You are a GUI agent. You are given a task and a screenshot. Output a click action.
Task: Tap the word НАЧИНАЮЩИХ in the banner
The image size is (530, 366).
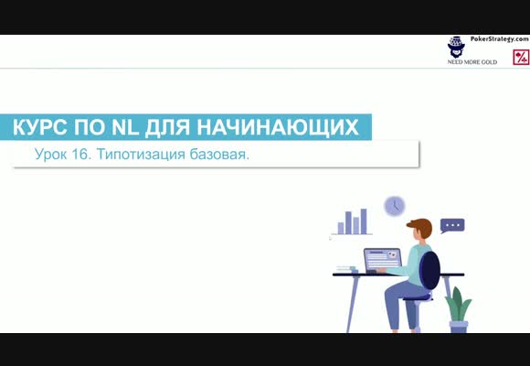coord(278,128)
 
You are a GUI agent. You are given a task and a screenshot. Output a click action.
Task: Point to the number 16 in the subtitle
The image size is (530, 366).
coord(81,155)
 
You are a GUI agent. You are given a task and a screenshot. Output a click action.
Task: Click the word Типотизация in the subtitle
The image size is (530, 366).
coord(141,155)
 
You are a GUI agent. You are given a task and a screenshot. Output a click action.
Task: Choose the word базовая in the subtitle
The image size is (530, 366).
coord(218,155)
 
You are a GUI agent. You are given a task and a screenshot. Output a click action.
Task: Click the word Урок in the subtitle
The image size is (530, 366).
coord(50,155)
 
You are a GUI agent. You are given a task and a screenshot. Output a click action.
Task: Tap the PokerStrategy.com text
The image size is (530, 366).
coord(500,39)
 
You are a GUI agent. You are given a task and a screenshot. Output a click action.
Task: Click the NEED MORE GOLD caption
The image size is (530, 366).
coord(472,62)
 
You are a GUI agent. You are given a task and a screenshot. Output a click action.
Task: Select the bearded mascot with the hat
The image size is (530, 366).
coord(456,47)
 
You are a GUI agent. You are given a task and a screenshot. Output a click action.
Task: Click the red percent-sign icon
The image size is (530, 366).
coord(521,57)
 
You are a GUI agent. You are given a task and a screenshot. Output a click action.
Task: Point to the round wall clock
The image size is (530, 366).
coord(395,206)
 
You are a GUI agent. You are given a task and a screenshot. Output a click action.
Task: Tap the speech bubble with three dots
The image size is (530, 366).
coord(452,226)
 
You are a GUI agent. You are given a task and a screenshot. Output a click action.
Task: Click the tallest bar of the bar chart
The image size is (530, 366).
coord(364,221)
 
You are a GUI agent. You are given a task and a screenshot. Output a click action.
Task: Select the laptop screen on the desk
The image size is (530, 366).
coord(383,259)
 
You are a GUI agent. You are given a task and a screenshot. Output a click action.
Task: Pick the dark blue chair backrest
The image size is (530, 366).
coord(429,270)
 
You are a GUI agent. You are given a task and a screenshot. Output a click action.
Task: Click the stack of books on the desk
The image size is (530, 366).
coord(345,269)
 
